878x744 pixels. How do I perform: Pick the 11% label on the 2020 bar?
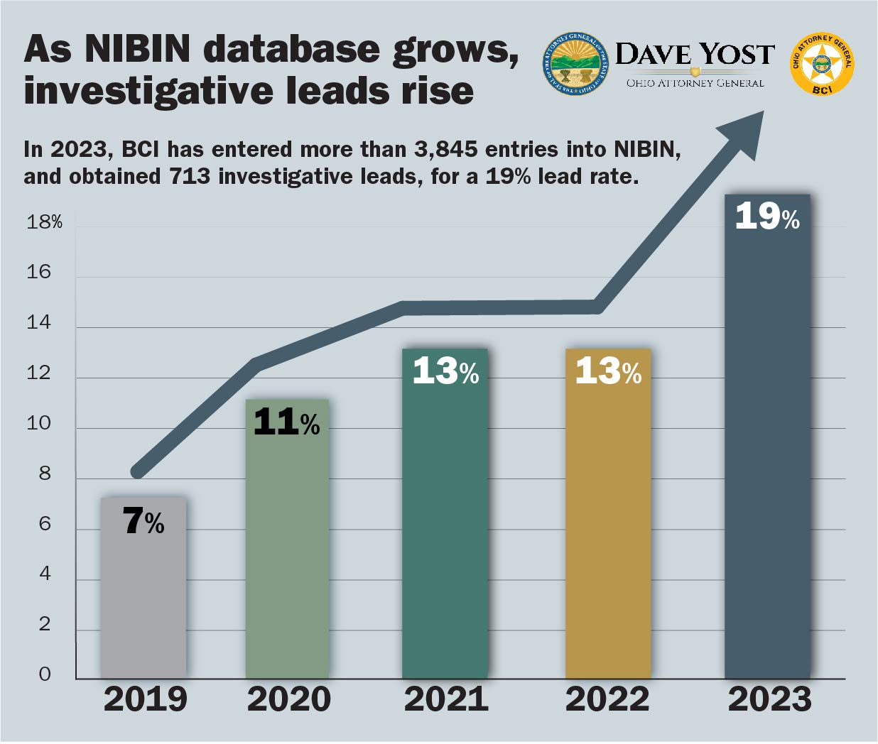[286, 422]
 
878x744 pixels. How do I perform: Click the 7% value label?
[143, 522]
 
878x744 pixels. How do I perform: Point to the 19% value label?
[767, 216]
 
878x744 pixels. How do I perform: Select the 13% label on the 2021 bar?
[445, 371]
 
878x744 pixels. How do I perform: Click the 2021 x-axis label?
[446, 699]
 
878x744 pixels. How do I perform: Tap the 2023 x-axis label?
[769, 699]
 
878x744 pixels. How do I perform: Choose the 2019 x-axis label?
[145, 699]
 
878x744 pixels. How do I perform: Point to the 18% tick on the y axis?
[44, 222]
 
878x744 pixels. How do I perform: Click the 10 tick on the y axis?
[39, 424]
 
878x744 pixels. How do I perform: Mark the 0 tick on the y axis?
[45, 674]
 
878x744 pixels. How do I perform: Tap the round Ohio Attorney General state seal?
[575, 63]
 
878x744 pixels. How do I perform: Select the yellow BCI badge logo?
[822, 64]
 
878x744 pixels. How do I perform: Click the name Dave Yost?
[694, 55]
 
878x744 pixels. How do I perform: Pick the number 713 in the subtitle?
[190, 176]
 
